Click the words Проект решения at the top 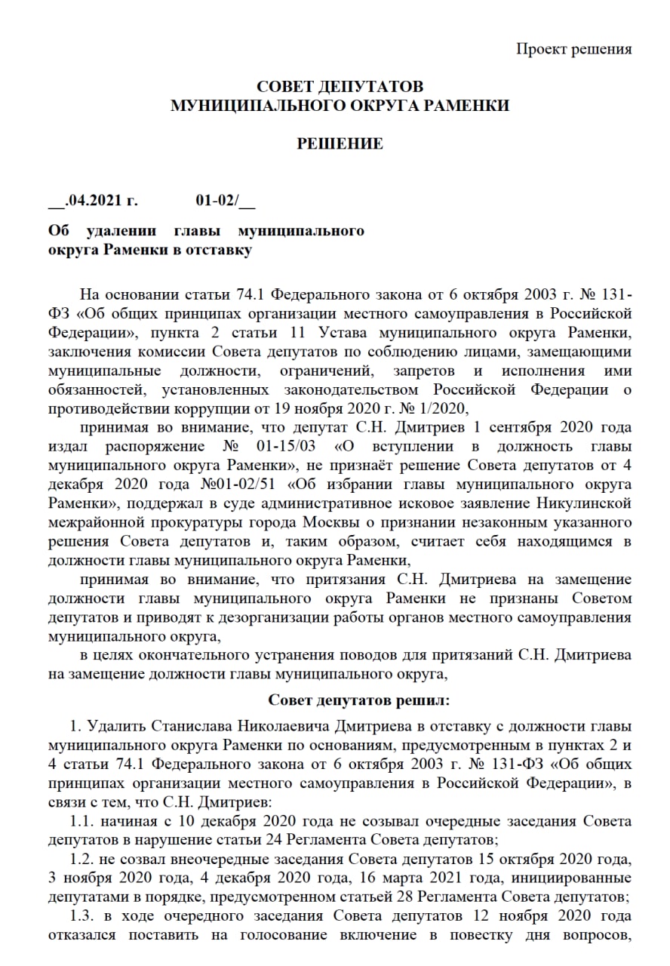tap(573, 49)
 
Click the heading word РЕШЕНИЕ tap(340, 143)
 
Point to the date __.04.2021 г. tap(94, 201)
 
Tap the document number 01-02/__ tap(226, 201)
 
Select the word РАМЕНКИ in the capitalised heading tap(464, 106)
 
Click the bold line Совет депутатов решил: tap(358, 701)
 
